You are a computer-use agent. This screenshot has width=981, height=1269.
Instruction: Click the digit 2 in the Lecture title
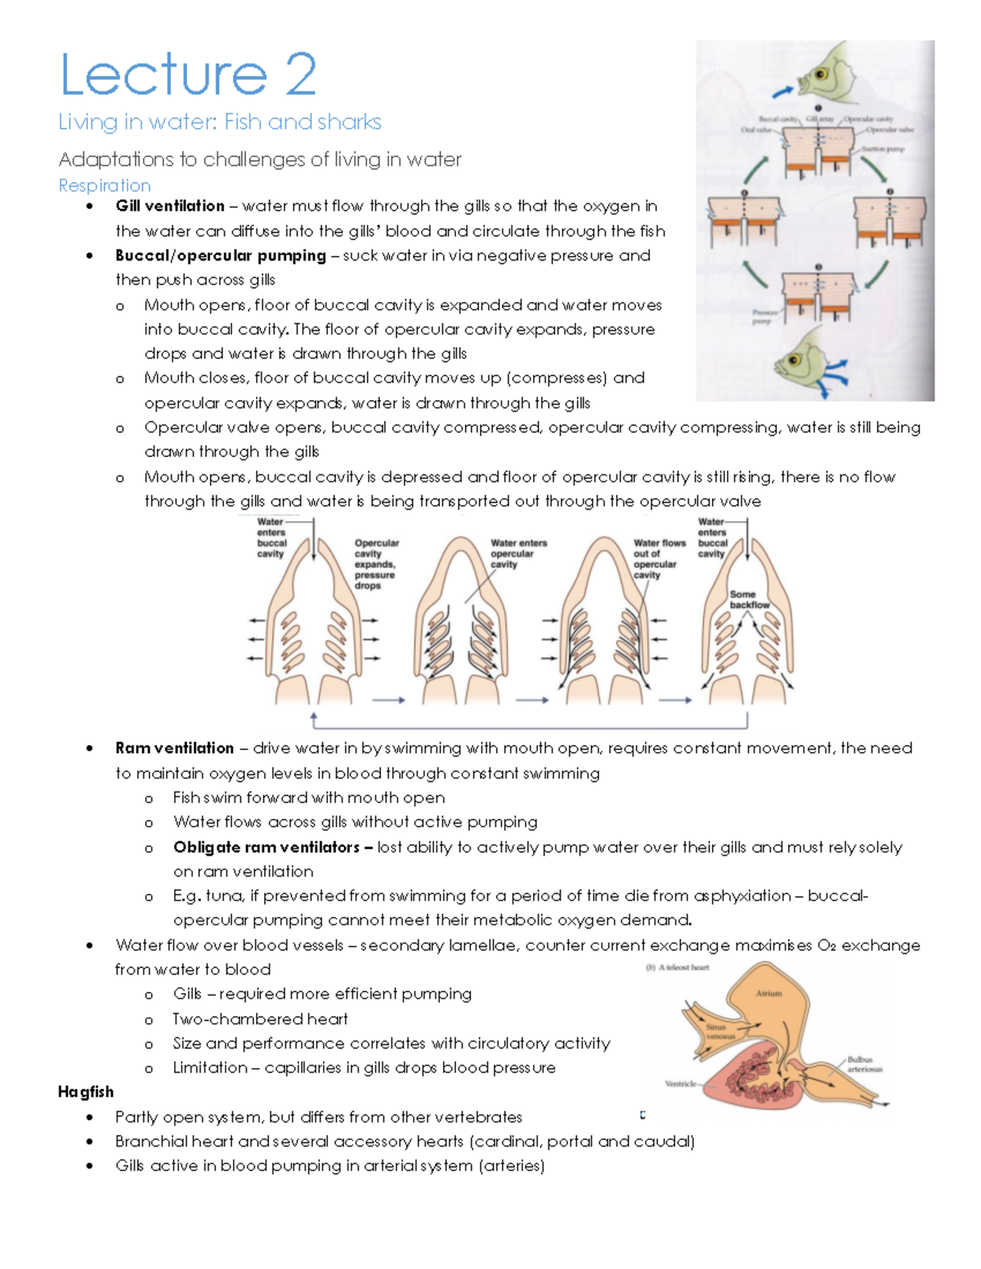click(300, 74)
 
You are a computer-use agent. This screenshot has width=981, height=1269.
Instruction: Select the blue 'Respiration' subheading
click(105, 185)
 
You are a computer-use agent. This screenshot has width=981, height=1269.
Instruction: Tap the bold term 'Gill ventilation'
click(170, 206)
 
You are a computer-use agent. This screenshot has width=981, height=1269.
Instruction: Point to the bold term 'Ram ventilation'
click(174, 748)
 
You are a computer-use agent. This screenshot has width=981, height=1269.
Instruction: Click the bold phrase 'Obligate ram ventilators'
click(267, 847)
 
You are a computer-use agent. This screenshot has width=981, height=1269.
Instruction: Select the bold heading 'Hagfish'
click(86, 1092)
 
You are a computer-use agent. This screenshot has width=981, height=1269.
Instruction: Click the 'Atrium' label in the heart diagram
click(768, 994)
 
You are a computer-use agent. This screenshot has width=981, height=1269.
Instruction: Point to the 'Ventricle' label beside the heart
click(680, 1084)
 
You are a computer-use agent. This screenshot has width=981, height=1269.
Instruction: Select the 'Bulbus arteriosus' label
click(865, 1064)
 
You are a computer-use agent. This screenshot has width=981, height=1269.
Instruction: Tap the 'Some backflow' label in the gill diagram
click(748, 600)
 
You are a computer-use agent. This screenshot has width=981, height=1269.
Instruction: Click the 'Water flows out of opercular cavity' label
click(658, 558)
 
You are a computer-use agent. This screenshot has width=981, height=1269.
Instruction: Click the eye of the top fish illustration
click(820, 74)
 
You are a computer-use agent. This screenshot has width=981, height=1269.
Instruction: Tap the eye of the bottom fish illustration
click(791, 360)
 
